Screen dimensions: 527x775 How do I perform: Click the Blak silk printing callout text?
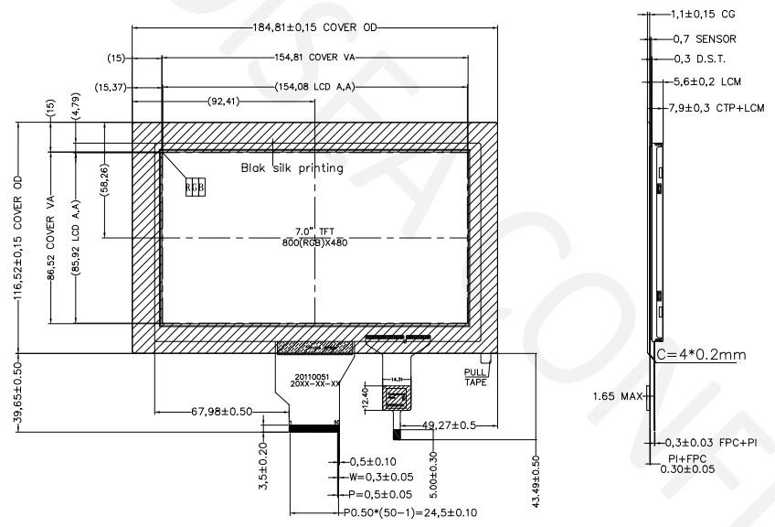click(x=292, y=167)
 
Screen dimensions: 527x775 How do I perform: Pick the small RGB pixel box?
click(x=195, y=186)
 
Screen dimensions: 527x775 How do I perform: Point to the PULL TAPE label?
click(x=475, y=376)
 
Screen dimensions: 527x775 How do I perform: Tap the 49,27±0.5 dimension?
click(x=449, y=425)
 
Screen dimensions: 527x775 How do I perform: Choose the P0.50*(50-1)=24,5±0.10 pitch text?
click(x=409, y=512)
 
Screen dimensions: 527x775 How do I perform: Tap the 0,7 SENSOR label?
click(x=704, y=39)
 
